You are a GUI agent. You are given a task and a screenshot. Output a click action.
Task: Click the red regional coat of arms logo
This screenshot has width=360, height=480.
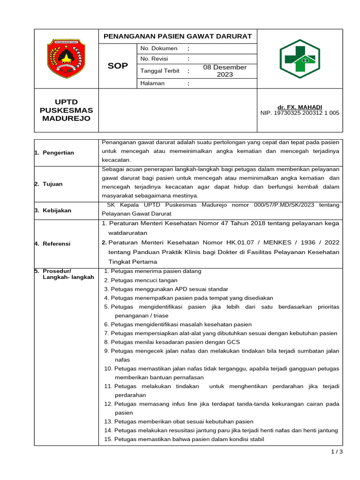66,59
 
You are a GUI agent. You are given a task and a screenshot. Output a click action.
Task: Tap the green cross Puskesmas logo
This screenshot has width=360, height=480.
300,59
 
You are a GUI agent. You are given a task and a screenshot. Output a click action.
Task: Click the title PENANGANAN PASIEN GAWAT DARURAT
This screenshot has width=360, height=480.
178,37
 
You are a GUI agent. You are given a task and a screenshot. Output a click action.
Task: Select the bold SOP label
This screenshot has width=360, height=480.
117,66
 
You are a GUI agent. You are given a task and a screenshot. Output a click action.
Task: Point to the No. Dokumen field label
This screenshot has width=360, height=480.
159,49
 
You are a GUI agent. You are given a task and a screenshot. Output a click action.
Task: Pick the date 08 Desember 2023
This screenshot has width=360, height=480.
225,71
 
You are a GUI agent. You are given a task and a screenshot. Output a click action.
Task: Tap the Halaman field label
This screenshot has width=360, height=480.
152,83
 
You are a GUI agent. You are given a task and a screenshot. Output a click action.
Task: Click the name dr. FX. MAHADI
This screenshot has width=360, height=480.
300,107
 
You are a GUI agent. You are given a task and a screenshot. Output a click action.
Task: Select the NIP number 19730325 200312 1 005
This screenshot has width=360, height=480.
300,113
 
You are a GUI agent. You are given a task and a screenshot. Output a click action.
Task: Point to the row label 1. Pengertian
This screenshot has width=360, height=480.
54,153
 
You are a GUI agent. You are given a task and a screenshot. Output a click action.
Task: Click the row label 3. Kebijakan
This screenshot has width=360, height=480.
53,210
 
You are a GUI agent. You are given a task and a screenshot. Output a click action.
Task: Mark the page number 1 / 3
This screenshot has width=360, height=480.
337,452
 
